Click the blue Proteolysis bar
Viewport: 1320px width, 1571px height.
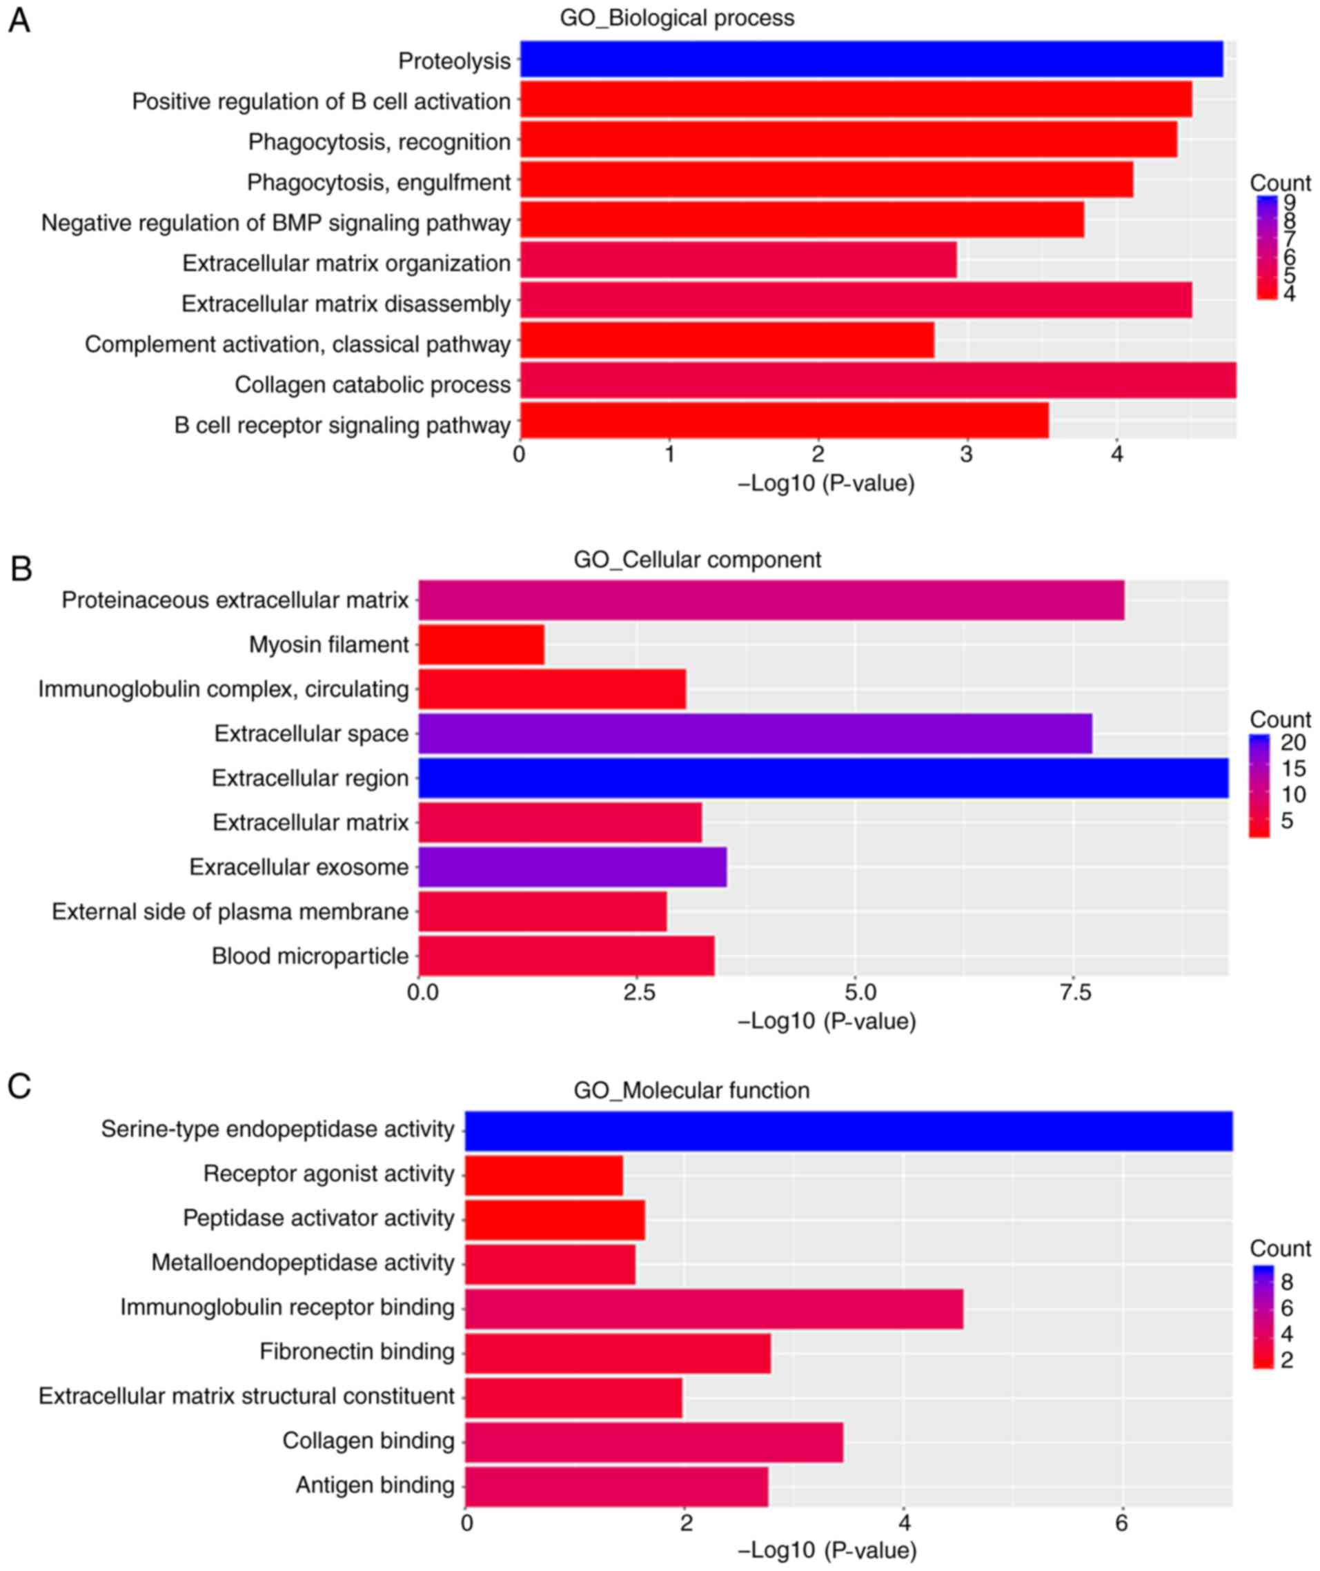point(871,60)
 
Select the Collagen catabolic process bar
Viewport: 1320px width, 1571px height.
point(877,381)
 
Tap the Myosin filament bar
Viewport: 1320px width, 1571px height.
point(481,645)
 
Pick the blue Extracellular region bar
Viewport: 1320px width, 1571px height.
point(823,778)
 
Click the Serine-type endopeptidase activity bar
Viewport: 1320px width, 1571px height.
point(849,1130)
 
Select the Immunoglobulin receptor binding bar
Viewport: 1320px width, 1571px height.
point(714,1308)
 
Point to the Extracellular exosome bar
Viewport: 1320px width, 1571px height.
point(573,867)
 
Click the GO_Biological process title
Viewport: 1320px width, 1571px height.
point(676,18)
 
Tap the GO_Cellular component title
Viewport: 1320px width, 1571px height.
point(697,560)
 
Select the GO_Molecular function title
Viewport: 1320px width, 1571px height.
point(691,1090)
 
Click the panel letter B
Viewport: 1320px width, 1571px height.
point(21,569)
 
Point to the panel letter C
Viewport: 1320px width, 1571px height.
point(19,1086)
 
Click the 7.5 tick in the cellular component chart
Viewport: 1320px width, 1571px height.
point(1075,992)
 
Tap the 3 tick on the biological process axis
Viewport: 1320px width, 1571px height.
point(967,454)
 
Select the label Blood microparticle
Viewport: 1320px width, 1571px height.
point(310,956)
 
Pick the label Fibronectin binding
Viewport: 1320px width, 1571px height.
point(357,1352)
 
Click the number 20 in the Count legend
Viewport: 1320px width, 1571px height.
point(1293,742)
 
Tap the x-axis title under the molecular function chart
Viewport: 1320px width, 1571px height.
point(827,1550)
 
